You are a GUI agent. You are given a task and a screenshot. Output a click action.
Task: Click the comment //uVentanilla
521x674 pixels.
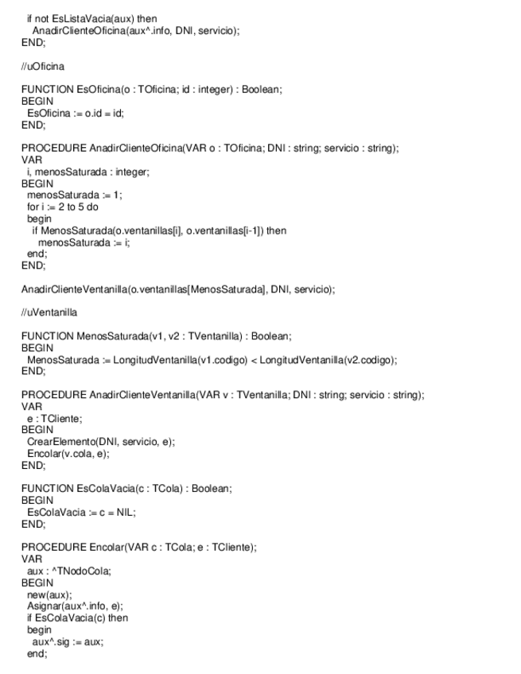pyautogui.click(x=49, y=312)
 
